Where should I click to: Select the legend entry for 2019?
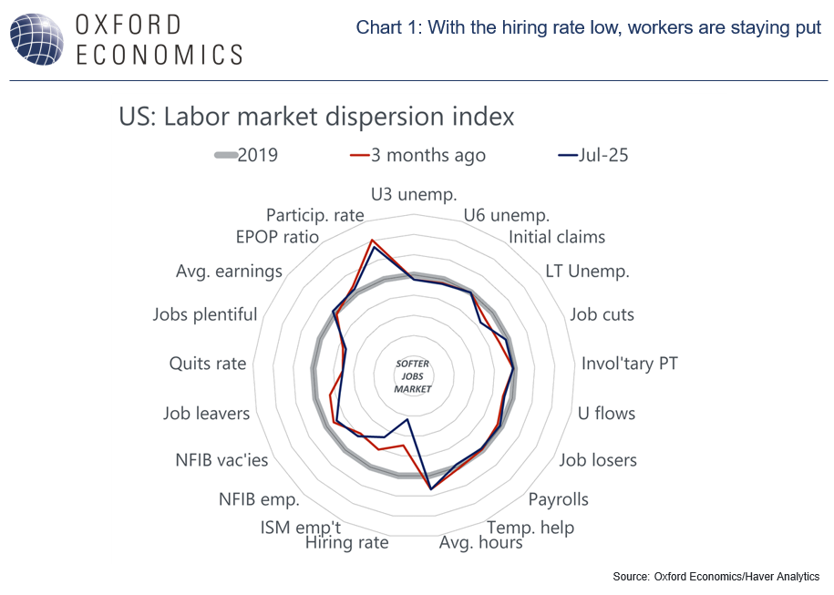coord(246,156)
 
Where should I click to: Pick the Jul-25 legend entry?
coord(592,156)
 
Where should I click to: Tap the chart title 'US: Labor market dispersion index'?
coord(316,118)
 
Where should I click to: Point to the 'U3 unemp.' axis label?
coord(414,194)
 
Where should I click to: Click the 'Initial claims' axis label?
coord(556,238)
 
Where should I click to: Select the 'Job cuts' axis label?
coord(602,314)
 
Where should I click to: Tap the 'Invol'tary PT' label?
coord(630,364)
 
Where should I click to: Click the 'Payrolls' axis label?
coord(559,499)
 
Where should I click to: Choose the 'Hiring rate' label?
coord(346,543)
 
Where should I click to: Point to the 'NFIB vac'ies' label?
coord(221,460)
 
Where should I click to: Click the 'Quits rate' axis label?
coord(208,364)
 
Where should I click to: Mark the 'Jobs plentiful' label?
coord(205,314)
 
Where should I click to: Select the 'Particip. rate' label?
coord(315,216)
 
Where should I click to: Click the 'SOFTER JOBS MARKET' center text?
coord(413,375)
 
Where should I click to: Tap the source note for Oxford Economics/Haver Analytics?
coord(716,576)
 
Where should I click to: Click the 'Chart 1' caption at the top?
coord(589,28)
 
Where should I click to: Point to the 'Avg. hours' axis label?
coord(480,543)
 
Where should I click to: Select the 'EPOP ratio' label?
coord(277,238)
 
